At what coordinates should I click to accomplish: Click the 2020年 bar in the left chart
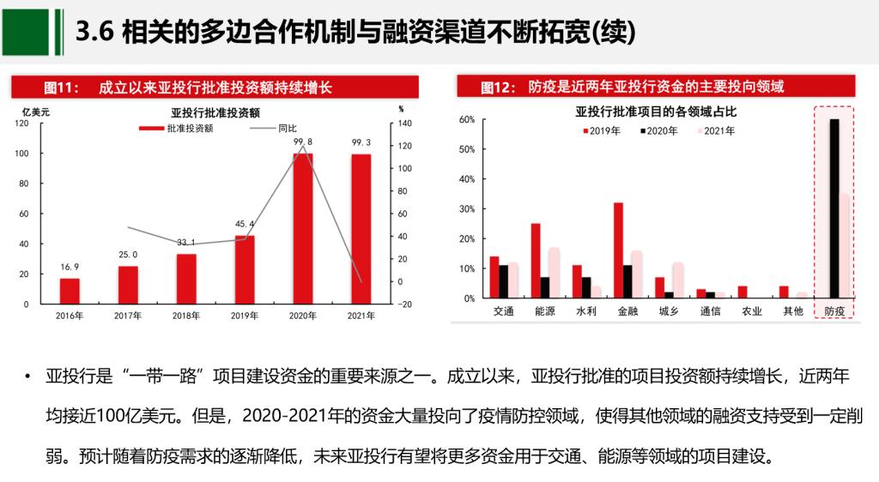(x=303, y=228)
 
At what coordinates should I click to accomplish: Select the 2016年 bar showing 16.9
(x=70, y=291)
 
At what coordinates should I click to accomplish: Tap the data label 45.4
(x=245, y=225)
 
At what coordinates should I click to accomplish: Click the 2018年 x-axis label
(x=186, y=316)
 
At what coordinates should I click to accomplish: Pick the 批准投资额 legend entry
(x=176, y=129)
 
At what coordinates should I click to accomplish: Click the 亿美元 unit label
(x=36, y=111)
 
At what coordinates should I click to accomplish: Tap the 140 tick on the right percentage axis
(x=404, y=124)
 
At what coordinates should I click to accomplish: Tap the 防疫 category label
(x=834, y=310)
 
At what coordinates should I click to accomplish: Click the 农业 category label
(x=750, y=310)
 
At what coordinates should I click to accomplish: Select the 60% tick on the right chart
(x=467, y=120)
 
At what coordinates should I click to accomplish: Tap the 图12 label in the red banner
(x=496, y=87)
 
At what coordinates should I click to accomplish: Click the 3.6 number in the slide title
(x=94, y=32)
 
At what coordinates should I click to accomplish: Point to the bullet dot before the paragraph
(x=27, y=377)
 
